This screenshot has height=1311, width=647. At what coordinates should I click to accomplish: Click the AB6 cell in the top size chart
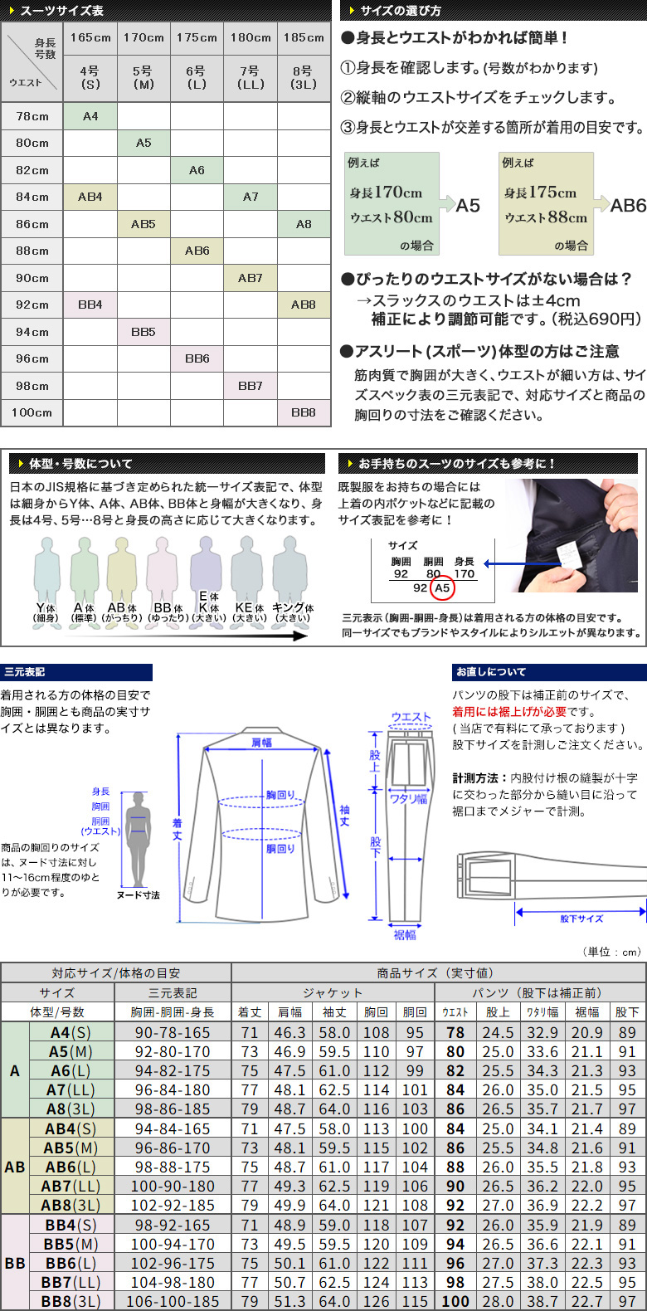coord(197,251)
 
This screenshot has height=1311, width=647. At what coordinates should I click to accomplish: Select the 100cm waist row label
coord(32,412)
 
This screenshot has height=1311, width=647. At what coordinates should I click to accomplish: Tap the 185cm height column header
coord(304,38)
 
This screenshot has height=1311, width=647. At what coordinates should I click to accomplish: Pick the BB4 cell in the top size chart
coord(90,305)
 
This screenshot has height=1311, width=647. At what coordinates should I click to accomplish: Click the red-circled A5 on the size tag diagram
coord(442,588)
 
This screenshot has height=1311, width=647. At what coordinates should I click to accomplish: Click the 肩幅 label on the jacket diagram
coord(261,742)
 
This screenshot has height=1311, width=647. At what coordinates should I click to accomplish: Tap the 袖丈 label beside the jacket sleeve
coord(344,816)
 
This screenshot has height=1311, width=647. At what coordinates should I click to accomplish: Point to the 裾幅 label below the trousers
coord(404,934)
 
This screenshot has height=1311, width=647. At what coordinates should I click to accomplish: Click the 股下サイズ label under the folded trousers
coord(581,919)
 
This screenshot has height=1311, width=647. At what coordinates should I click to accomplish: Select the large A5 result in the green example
coord(467,206)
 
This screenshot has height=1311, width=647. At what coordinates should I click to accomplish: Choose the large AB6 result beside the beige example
coord(628,206)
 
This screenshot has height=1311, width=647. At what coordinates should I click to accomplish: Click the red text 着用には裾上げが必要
coord(509,712)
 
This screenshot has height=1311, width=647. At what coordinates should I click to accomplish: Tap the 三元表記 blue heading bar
coord(76,672)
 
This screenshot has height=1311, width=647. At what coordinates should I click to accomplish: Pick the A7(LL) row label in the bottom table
coord(71,1089)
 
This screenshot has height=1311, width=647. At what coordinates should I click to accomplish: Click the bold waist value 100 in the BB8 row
coord(455,1302)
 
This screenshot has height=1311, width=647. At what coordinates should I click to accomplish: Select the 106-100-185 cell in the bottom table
coord(173,1302)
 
